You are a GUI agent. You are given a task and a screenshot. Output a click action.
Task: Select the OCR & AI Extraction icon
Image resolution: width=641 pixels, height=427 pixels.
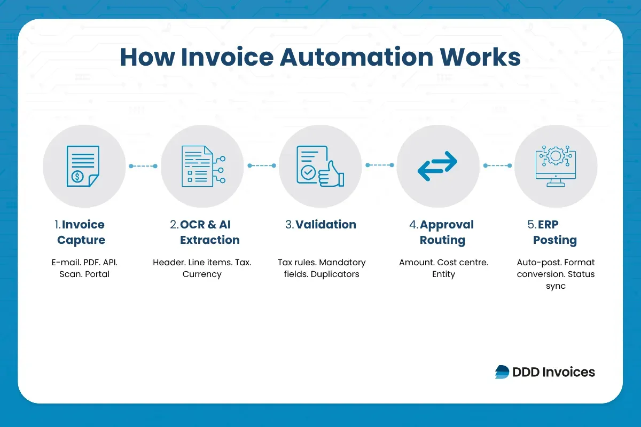tap(202, 166)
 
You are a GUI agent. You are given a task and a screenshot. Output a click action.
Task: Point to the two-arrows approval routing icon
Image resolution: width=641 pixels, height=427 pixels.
tap(437, 166)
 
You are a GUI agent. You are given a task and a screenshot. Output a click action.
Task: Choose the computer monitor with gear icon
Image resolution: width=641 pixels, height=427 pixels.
tap(556, 166)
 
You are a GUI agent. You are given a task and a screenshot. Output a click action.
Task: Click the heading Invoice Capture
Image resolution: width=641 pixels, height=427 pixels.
tap(81, 232)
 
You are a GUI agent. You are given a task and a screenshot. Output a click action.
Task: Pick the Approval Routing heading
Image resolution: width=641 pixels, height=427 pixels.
tap(442, 232)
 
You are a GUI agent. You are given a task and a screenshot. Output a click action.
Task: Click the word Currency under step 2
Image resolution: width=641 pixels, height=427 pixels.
tap(202, 274)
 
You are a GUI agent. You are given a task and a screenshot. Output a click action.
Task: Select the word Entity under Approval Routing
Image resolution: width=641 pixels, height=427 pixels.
tap(443, 274)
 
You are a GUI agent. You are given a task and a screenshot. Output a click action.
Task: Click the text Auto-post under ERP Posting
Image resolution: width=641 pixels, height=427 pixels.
tap(536, 263)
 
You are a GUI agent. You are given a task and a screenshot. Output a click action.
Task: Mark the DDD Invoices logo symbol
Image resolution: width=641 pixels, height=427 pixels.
tap(502, 372)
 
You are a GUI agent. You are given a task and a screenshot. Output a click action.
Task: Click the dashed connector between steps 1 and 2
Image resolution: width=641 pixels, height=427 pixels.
tap(143, 166)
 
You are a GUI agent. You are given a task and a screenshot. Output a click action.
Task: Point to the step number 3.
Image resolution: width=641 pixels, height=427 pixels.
tap(289, 225)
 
